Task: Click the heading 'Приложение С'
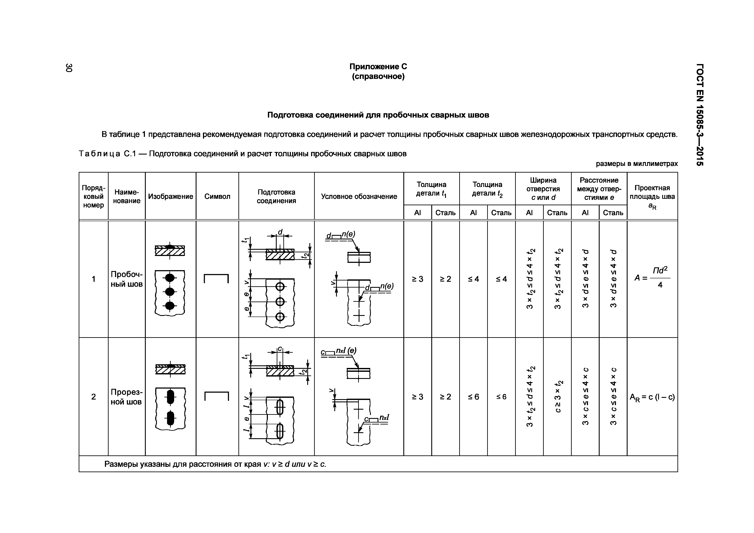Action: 378,67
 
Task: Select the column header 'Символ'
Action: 217,196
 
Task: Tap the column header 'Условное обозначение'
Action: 359,196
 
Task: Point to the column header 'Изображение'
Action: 170,196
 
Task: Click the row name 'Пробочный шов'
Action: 126,279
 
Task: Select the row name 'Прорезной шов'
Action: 126,397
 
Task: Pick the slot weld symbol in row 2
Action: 217,396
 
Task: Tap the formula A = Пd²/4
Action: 652,278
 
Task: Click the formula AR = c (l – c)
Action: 652,397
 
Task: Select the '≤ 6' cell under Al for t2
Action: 473,397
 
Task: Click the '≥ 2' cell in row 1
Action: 445,279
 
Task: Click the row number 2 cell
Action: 94,397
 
